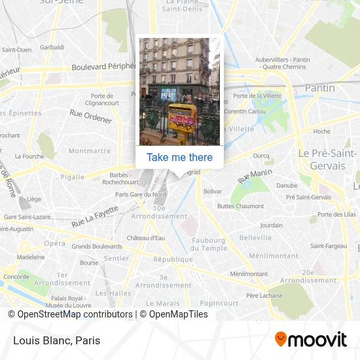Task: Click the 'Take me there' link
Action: coord(179,157)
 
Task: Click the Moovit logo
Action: coord(310,339)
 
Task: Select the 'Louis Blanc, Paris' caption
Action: coord(56,340)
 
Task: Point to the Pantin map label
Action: coord(319,88)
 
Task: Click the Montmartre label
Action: coord(90,151)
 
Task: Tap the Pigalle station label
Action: coord(72,177)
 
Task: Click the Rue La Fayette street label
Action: coord(95,216)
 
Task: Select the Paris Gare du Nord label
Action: coord(141,194)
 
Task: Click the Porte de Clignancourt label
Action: coord(101,99)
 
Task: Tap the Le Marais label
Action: coord(162,303)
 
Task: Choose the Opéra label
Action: coord(55,243)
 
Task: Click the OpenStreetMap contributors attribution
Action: coord(70,314)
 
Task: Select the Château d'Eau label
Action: coord(145,237)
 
